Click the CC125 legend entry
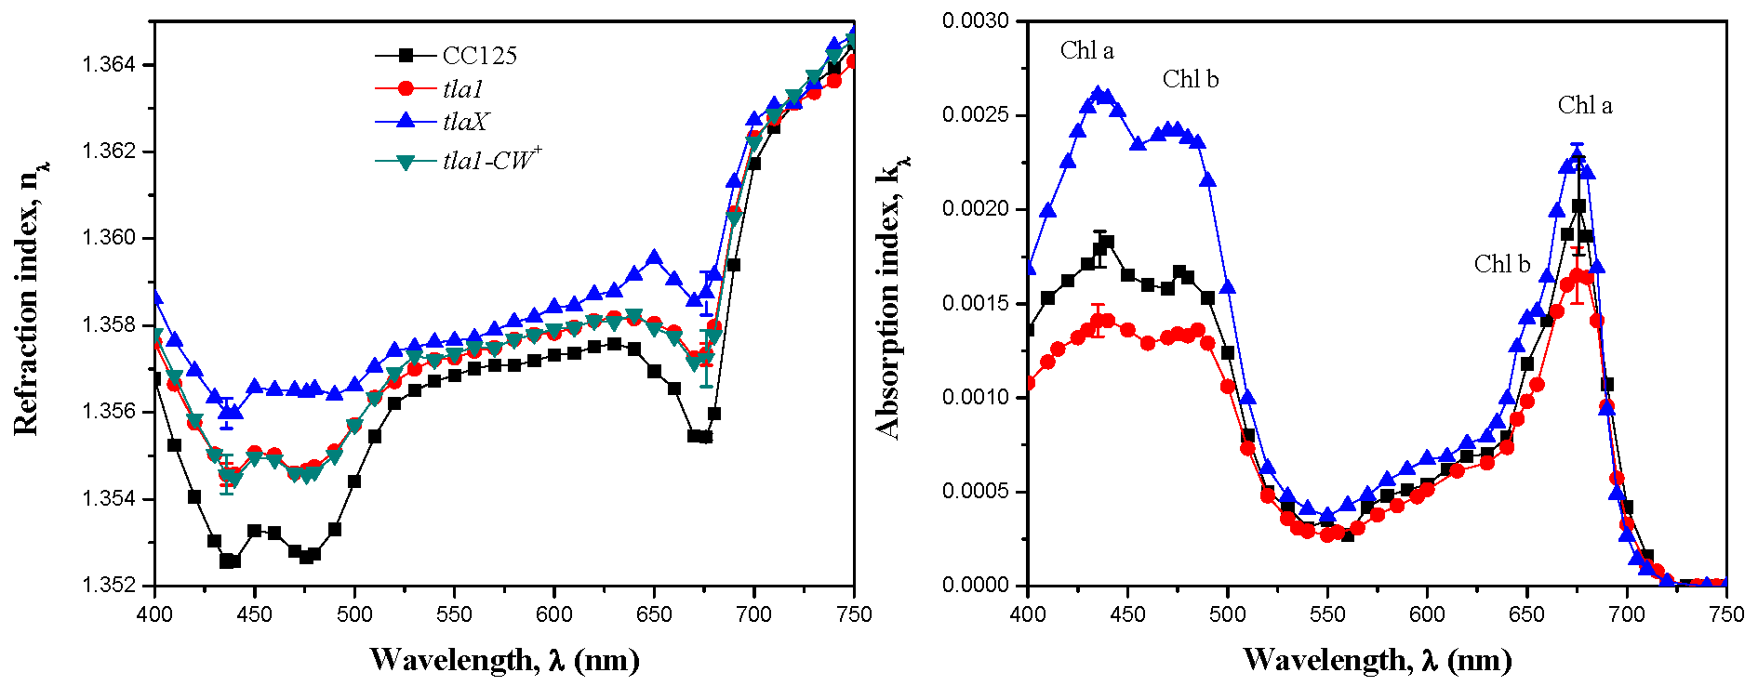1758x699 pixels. click(479, 56)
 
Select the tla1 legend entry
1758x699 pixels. click(462, 89)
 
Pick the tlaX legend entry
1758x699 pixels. click(465, 122)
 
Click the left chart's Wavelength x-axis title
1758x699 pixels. click(504, 660)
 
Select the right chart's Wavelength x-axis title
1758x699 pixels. click(1377, 660)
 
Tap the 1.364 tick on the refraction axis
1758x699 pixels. click(109, 65)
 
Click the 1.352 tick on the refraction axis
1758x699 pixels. click(109, 586)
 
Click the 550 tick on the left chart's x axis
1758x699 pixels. click(454, 614)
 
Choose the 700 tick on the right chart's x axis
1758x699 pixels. click(1627, 614)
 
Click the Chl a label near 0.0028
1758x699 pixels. click(1086, 51)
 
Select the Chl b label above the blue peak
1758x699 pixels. click(1190, 80)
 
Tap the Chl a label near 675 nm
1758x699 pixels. click(1585, 106)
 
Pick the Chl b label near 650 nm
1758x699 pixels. click(1501, 265)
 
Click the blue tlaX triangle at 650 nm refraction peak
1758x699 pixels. click(654, 257)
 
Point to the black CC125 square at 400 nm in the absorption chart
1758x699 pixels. click(1028, 330)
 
